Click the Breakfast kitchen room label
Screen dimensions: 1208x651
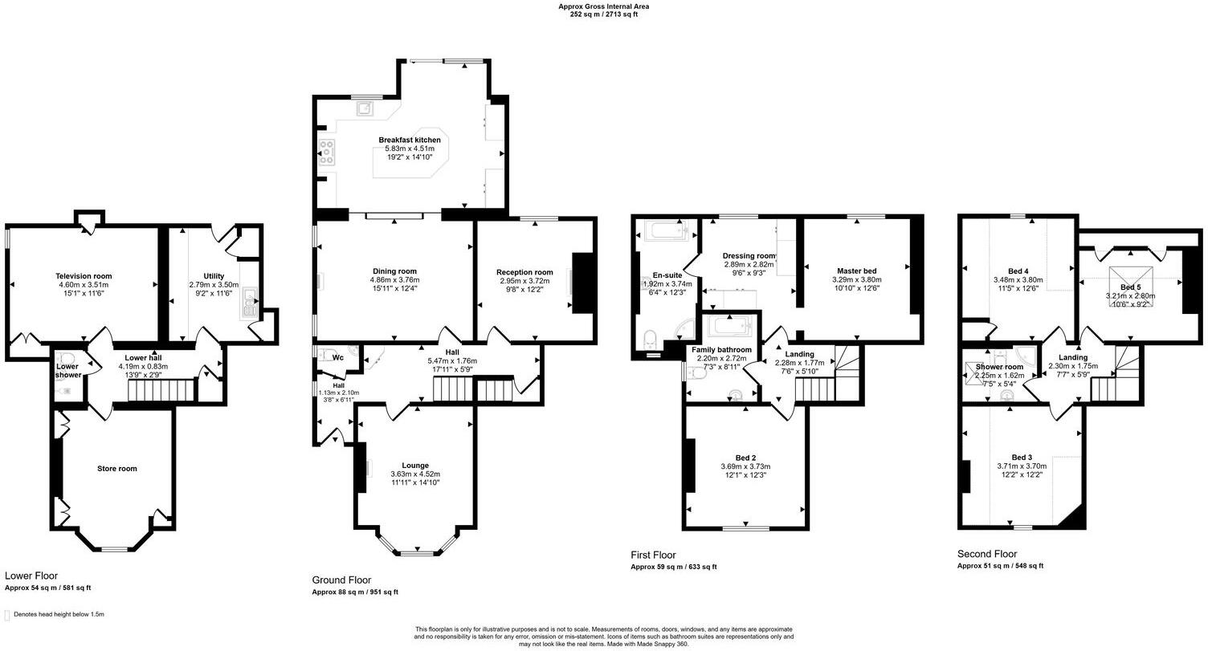pyautogui.click(x=410, y=140)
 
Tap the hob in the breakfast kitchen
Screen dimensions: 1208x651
pyautogui.click(x=327, y=152)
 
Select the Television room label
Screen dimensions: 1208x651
pyautogui.click(x=84, y=276)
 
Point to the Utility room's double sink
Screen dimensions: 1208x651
pyautogui.click(x=251, y=304)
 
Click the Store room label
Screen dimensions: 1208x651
pyautogui.click(x=117, y=468)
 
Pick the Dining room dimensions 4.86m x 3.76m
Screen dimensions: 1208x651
pyautogui.click(x=394, y=279)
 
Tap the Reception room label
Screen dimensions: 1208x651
pyautogui.click(x=524, y=272)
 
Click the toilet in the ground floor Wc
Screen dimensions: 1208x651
pyautogui.click(x=325, y=353)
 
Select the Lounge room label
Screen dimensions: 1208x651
pyautogui.click(x=415, y=465)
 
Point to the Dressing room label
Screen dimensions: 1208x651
pyautogui.click(x=749, y=256)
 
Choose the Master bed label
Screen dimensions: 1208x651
pyautogui.click(x=857, y=271)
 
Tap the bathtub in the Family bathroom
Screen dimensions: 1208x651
pyautogui.click(x=728, y=325)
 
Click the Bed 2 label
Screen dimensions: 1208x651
pyautogui.click(x=745, y=458)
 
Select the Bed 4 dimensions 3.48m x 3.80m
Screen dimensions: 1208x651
pyautogui.click(x=1018, y=279)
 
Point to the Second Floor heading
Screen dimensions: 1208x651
pyautogui.click(x=987, y=553)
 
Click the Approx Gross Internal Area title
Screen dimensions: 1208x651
pyautogui.click(x=604, y=6)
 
